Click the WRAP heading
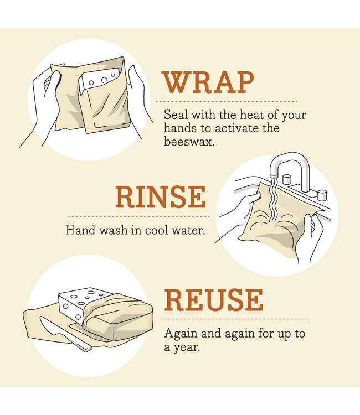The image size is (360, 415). [x=208, y=82]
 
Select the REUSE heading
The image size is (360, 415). [x=213, y=300]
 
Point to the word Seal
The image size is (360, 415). [x=175, y=115]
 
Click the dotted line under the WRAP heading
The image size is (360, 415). [x=227, y=102]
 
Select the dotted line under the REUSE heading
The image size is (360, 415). [x=235, y=319]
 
